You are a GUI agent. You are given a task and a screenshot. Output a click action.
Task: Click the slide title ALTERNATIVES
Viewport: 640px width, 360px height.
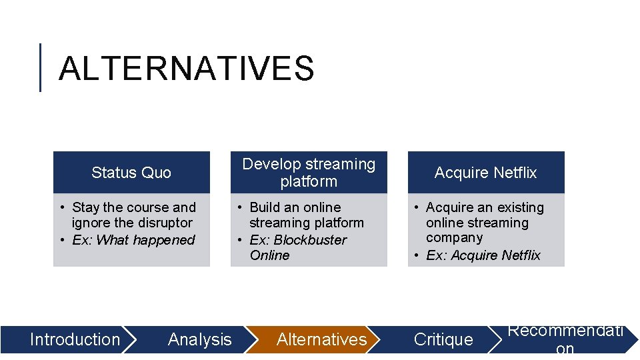tap(186, 69)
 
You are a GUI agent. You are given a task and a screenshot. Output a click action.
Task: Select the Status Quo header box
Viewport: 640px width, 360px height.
tap(131, 173)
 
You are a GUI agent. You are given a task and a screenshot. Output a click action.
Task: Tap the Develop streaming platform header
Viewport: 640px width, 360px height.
tap(309, 173)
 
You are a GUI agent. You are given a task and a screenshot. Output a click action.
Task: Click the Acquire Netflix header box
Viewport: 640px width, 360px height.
tap(486, 173)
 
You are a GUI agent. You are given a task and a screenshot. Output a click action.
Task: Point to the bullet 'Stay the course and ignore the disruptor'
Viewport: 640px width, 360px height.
tap(133, 215)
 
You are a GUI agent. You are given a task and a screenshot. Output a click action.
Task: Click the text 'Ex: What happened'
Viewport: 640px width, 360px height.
tap(133, 240)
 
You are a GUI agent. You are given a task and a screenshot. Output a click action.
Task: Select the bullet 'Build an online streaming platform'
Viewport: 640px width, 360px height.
tap(306, 215)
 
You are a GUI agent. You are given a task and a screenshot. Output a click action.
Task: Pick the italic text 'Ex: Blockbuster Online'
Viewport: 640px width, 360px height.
tap(298, 247)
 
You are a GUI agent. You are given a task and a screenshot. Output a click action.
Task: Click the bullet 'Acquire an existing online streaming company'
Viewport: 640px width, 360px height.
tap(485, 223)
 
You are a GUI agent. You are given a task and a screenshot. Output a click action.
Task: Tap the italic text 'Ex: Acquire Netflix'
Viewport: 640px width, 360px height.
tap(483, 255)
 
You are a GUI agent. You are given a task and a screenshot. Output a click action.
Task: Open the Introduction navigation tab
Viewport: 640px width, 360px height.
tap(75, 339)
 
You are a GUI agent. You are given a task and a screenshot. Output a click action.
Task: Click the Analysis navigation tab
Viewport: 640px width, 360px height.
tap(199, 339)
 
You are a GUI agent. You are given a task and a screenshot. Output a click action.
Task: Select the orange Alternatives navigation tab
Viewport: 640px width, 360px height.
tap(321, 339)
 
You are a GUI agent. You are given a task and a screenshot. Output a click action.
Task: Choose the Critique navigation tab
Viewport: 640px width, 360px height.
tap(443, 339)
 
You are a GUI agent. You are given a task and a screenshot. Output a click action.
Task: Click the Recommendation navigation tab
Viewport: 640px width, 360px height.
tap(565, 339)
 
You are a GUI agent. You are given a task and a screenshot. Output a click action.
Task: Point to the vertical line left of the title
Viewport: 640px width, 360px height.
tap(41, 67)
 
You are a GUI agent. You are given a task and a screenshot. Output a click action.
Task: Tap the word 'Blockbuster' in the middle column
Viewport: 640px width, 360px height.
tap(310, 240)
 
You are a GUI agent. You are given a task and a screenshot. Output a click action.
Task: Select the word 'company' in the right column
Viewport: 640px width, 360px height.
tap(454, 237)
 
